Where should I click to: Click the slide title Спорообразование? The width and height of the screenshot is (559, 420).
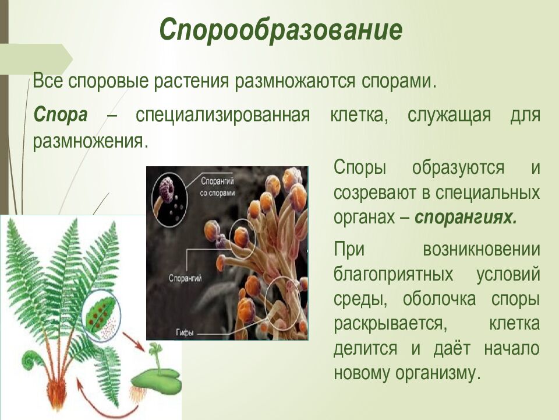[x=281, y=30]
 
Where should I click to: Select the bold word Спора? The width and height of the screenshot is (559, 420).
[x=60, y=114]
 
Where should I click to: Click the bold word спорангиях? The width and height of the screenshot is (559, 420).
[x=465, y=217]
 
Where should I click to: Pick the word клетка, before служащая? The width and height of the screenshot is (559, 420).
[x=360, y=114]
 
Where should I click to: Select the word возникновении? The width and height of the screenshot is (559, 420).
[x=481, y=249]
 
